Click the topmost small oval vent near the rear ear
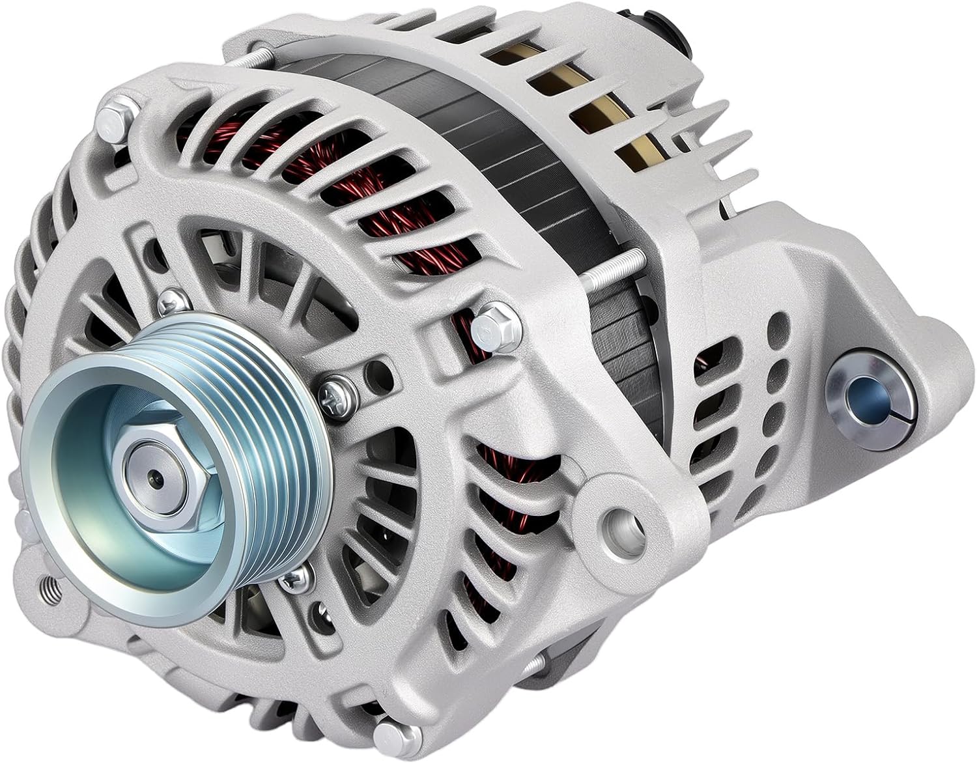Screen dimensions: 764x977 (777, 322)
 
